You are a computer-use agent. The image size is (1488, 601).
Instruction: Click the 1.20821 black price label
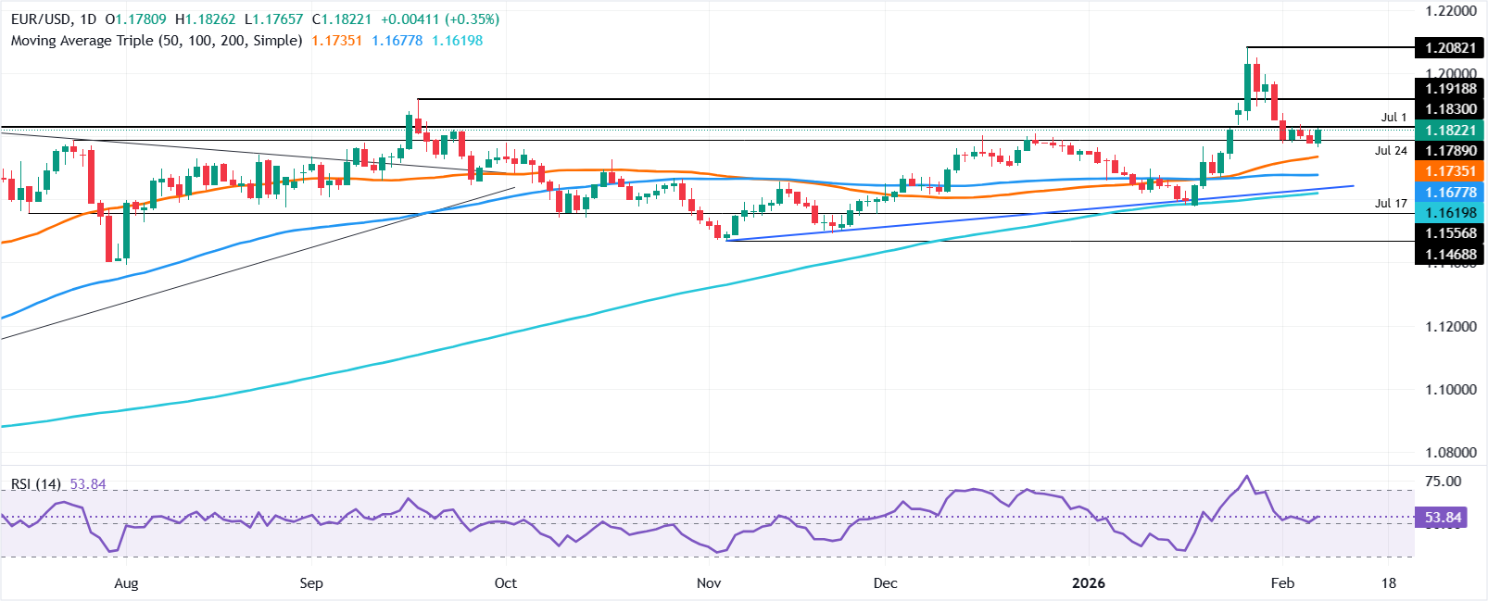click(x=1450, y=48)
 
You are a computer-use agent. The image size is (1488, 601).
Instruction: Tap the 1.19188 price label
click(x=1450, y=89)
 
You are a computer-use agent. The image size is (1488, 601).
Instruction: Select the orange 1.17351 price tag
click(x=1450, y=171)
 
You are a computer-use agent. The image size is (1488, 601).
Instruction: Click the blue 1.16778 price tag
click(x=1450, y=193)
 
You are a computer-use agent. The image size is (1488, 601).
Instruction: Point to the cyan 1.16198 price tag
click(x=1450, y=213)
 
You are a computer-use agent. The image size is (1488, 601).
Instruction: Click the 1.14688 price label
click(x=1450, y=254)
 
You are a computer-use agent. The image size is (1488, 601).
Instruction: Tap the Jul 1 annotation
click(x=1393, y=118)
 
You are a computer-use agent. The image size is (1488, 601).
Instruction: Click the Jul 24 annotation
click(x=1391, y=151)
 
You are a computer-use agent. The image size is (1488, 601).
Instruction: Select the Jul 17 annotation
click(x=1391, y=204)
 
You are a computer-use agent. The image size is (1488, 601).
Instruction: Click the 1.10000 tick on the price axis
click(x=1450, y=390)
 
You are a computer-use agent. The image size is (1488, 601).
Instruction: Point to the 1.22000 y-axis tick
click(x=1450, y=11)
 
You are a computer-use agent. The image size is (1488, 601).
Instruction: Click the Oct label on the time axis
click(x=506, y=583)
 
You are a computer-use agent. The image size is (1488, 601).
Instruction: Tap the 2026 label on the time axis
click(x=1089, y=583)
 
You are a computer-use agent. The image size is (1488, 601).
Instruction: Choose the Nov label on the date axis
click(x=709, y=583)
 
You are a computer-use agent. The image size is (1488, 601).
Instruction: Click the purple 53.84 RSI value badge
click(x=1443, y=518)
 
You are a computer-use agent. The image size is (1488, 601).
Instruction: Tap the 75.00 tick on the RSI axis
click(x=1443, y=482)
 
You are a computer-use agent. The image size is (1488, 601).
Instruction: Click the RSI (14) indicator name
click(x=36, y=484)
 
